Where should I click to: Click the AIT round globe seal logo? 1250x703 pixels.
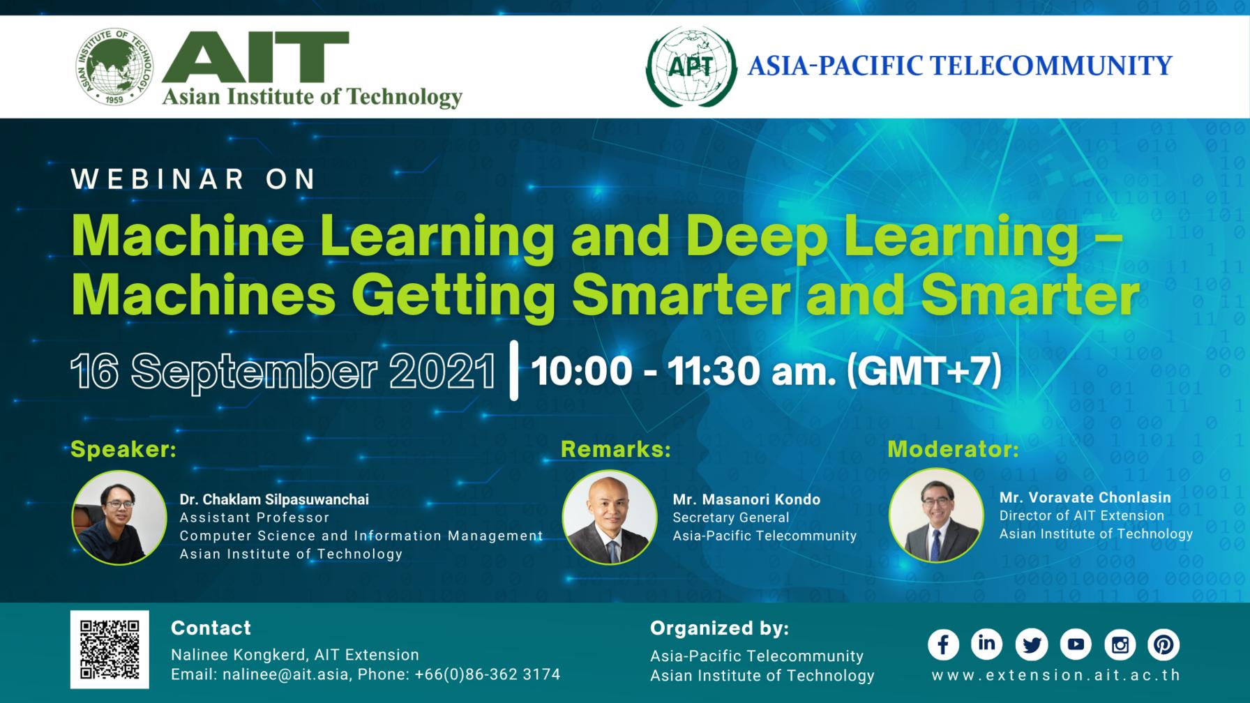[114, 68]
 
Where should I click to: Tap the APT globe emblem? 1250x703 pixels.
[691, 67]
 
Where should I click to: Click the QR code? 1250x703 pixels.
[110, 649]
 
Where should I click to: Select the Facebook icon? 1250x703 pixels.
[943, 644]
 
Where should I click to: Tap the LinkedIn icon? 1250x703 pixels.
[986, 644]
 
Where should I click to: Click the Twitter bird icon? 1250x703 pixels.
[1031, 644]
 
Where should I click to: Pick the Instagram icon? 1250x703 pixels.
[1120, 644]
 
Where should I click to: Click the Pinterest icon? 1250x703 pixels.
[1164, 644]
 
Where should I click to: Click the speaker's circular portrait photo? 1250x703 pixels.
[119, 517]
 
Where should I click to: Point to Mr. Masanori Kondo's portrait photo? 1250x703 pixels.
[610, 517]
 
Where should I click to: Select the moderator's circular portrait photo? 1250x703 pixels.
[936, 515]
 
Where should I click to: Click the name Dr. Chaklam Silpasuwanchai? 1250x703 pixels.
[274, 499]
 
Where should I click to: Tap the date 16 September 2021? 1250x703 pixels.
[283, 371]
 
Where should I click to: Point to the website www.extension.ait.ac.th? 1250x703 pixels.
[1056, 675]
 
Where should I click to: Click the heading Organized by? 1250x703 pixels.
[719, 628]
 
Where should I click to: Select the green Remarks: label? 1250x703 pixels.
[615, 449]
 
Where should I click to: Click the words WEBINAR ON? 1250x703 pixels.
[194, 179]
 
